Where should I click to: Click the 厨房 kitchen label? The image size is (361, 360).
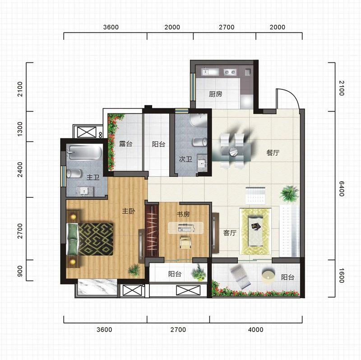[216, 94]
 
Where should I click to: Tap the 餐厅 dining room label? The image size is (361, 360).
[273, 153]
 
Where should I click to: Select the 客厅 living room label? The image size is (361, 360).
[230, 233]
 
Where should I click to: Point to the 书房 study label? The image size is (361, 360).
[183, 214]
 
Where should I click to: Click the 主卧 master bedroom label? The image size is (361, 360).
[129, 211]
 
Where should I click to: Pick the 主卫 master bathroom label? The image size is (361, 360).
[93, 177]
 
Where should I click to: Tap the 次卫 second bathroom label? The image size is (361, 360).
[185, 159]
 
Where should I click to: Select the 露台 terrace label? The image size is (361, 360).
[126, 144]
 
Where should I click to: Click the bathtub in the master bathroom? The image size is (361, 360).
[84, 152]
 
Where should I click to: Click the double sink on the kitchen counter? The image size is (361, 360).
[230, 72]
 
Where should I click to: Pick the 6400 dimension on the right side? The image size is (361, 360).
[342, 189]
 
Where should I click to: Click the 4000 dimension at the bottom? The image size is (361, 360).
[255, 330]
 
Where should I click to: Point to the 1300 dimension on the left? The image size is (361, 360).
[20, 129]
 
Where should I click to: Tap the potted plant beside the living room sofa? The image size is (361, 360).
[289, 195]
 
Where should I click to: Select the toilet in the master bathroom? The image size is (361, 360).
[74, 173]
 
